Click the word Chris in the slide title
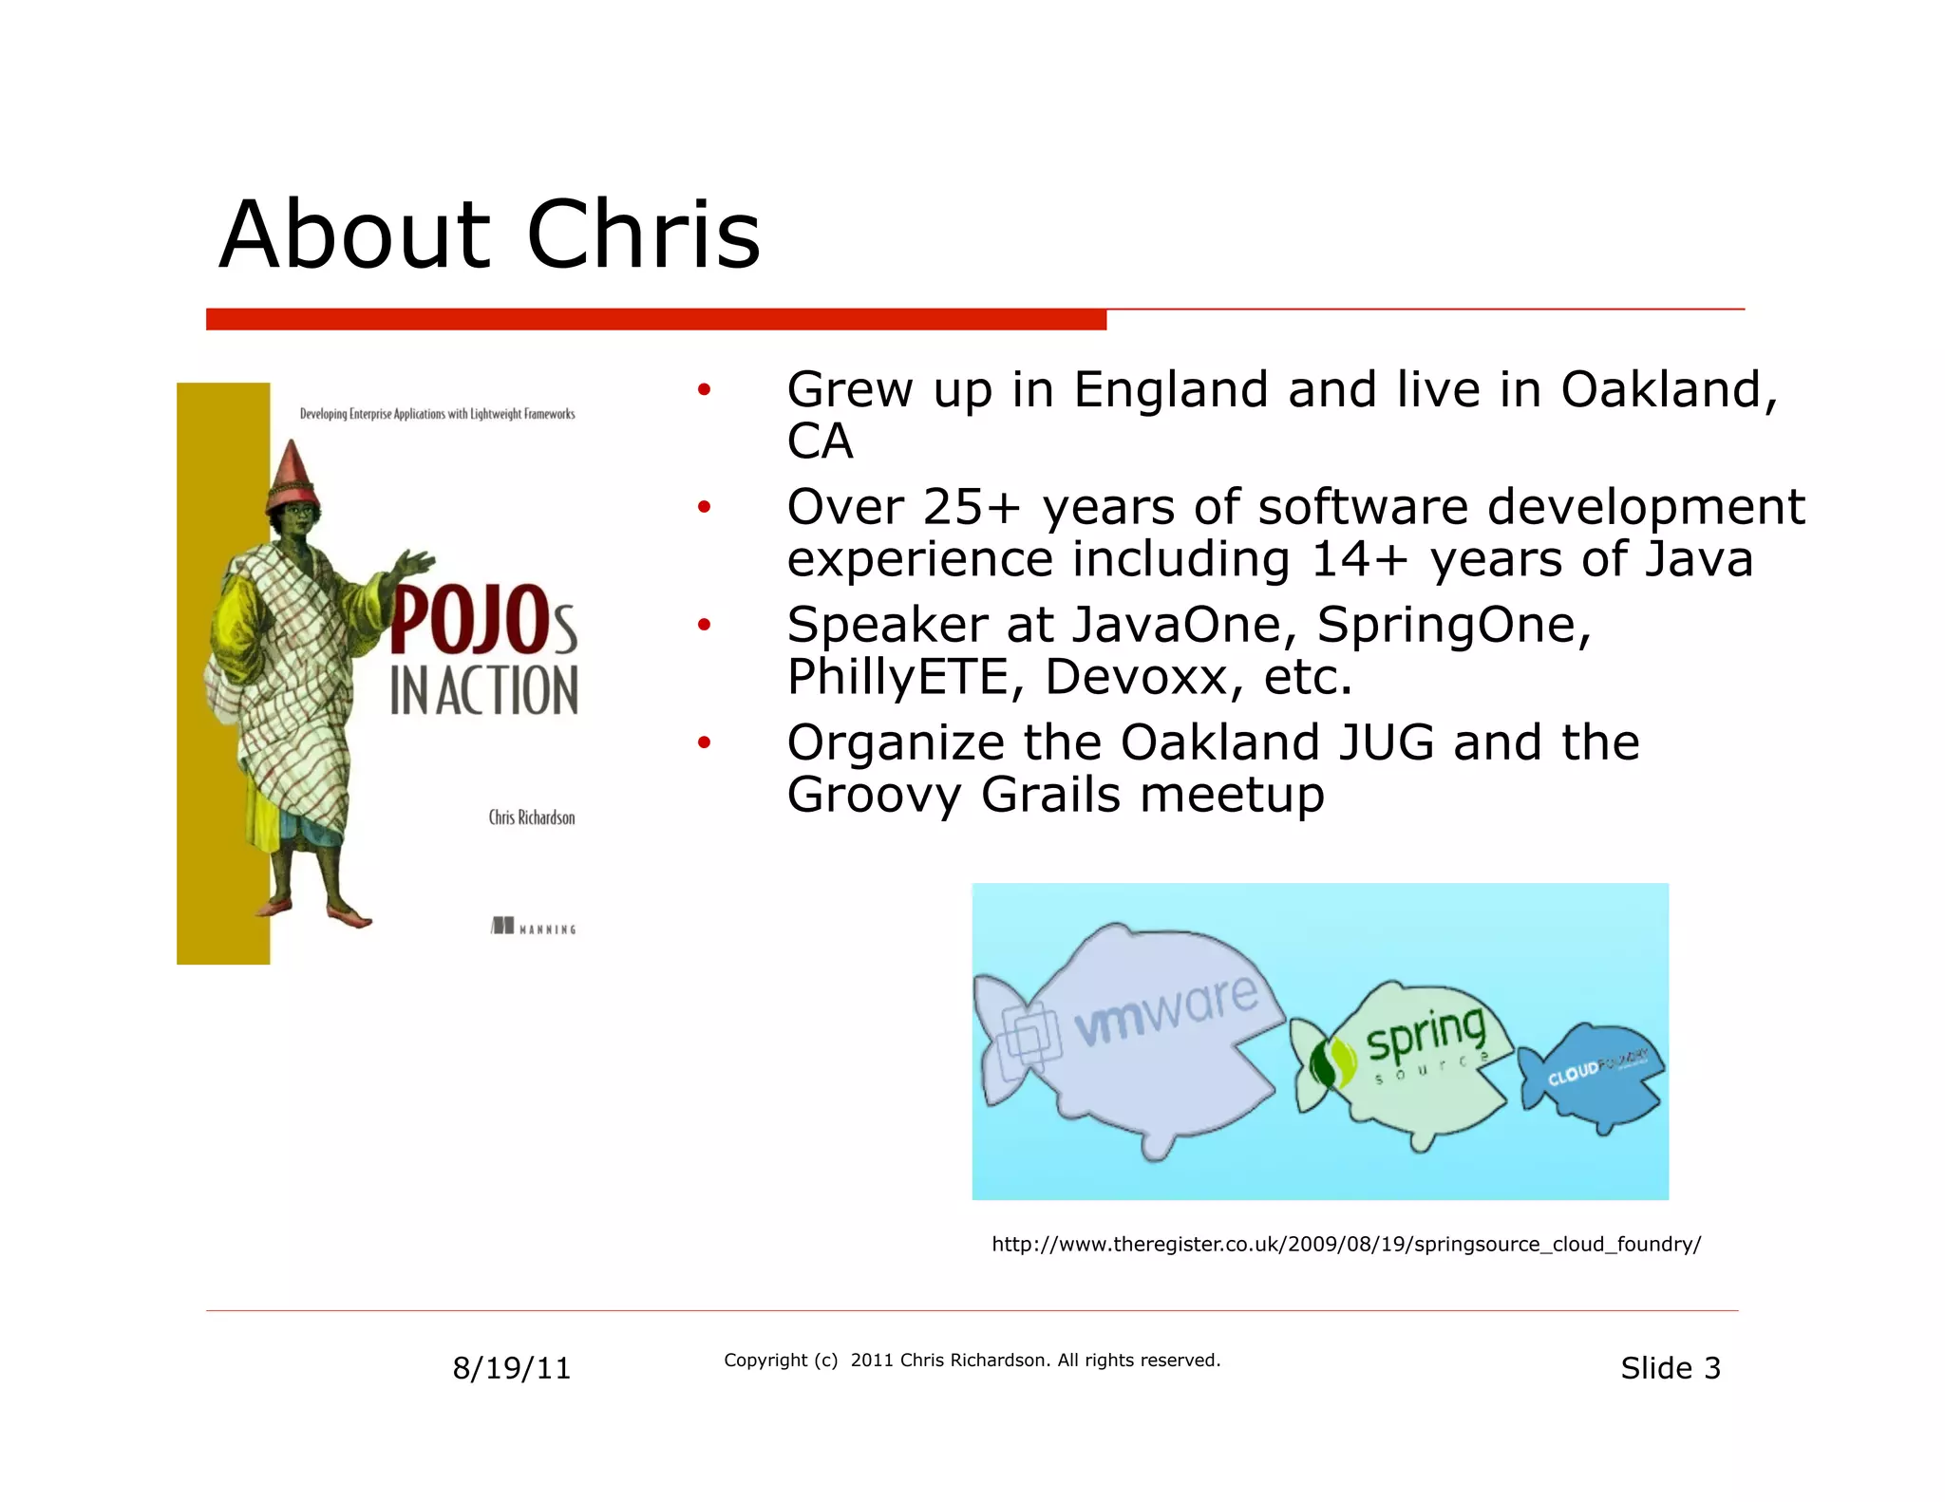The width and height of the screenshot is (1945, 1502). tap(643, 235)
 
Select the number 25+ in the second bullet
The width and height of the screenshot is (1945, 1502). tap(971, 507)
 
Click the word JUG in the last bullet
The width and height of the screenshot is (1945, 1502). tap(1386, 742)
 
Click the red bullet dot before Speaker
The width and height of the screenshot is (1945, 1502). tap(704, 625)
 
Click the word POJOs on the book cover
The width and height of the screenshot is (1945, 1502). tap(482, 622)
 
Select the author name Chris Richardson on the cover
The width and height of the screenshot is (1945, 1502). tap(531, 817)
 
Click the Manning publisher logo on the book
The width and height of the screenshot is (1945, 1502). tap(534, 927)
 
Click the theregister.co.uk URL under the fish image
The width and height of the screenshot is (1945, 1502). tap(1346, 1245)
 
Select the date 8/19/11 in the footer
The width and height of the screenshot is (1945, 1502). tap(511, 1368)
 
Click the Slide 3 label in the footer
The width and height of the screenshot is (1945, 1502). tap(1670, 1368)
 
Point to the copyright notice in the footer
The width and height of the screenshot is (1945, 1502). tap(972, 1361)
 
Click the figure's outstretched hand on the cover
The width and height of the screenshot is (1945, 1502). tap(415, 563)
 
